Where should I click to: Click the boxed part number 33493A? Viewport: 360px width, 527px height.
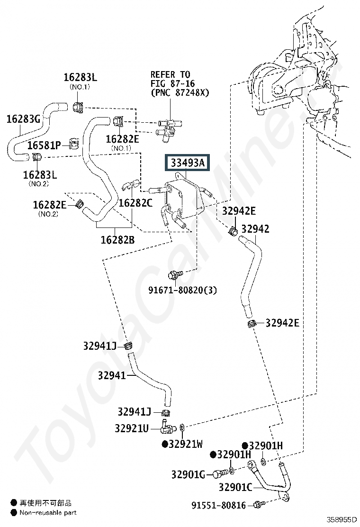coord(187,163)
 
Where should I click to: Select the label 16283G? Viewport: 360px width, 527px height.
coord(23,118)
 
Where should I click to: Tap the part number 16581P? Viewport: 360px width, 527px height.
coord(44,145)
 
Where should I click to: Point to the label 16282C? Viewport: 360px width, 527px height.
coord(135,203)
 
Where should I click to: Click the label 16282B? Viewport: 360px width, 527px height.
coord(117,240)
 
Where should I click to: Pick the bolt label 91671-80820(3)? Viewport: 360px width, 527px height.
coord(183,290)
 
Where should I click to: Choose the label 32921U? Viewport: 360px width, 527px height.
coord(132,428)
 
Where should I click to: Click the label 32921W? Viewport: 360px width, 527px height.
coord(183,444)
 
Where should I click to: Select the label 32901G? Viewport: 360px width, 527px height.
coord(188,474)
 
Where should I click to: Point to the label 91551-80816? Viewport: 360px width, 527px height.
coord(219,505)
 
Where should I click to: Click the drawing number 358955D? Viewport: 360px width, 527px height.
coord(342,520)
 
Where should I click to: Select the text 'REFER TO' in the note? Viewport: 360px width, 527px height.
coord(170,74)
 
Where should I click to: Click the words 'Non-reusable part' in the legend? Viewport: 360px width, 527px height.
coord(48,513)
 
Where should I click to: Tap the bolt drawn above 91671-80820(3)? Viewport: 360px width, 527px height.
coord(175,274)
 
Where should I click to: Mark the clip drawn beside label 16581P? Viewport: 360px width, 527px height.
coord(74,144)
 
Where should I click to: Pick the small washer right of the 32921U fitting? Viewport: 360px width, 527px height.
coord(182,428)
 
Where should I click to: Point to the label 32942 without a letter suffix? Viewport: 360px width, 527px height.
coord(255,229)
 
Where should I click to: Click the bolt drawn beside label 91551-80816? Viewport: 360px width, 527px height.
coord(258,504)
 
